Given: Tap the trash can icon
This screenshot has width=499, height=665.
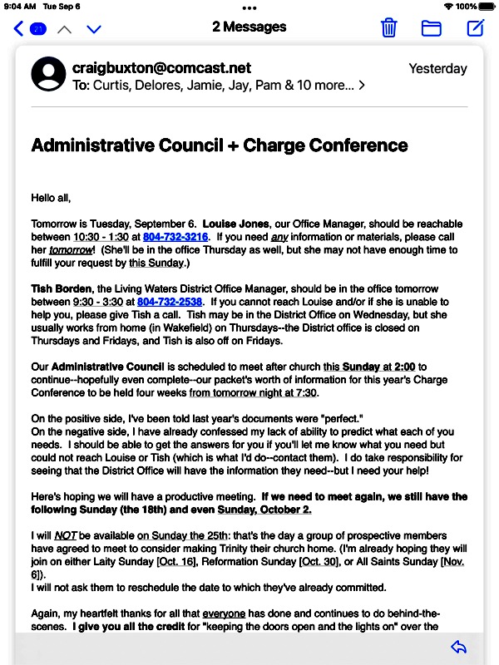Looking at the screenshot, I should (x=388, y=27).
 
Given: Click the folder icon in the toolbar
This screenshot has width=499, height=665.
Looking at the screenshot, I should (x=431, y=27).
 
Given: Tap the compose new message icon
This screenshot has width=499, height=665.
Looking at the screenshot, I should (x=475, y=27).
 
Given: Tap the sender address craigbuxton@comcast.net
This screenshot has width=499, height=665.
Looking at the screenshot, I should (x=161, y=68).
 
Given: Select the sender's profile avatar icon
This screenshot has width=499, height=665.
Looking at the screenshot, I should (x=48, y=74).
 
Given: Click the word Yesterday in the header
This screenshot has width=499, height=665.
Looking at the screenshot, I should (x=437, y=69).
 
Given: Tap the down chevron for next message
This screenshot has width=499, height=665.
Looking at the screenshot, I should (x=93, y=29).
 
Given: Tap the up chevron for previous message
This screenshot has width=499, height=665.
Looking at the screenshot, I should (x=64, y=29).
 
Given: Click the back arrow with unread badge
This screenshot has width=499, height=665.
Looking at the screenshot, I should (x=29, y=29).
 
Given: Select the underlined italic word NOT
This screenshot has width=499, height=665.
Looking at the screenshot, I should (x=66, y=535).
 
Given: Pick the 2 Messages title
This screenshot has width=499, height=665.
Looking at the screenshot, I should (x=249, y=27).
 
